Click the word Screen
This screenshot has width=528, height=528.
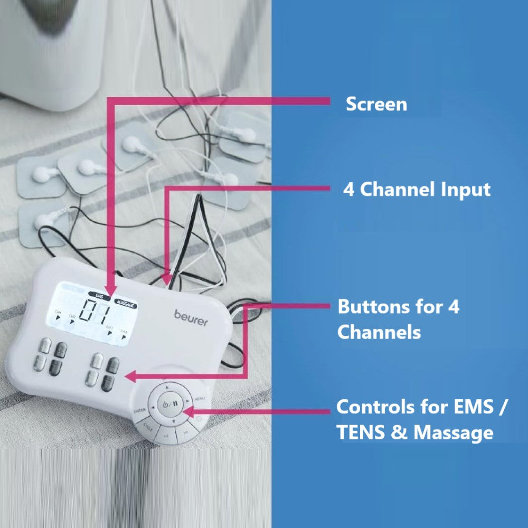coord(376,104)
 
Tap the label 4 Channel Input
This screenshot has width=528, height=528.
coord(417,190)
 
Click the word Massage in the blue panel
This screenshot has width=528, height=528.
coord(453,433)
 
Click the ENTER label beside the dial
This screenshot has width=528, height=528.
coord(140,410)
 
